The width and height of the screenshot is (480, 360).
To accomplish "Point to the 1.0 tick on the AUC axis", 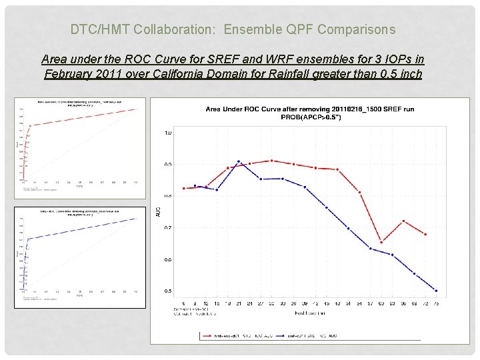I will [167, 133].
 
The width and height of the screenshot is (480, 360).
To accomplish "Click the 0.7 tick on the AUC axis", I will [167, 228].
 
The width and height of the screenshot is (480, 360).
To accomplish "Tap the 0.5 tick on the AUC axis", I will [167, 291].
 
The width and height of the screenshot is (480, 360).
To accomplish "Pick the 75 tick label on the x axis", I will [436, 304].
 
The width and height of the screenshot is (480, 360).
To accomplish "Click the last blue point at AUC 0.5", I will [436, 291].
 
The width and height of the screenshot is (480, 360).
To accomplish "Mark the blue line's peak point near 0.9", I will [238, 161].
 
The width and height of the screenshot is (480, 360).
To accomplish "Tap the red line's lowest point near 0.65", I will [381, 242].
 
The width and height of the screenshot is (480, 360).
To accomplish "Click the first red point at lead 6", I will [183, 189].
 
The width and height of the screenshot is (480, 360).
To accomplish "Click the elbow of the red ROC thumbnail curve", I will [28, 125].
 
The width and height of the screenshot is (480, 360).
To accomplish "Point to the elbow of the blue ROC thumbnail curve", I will [28, 239].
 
